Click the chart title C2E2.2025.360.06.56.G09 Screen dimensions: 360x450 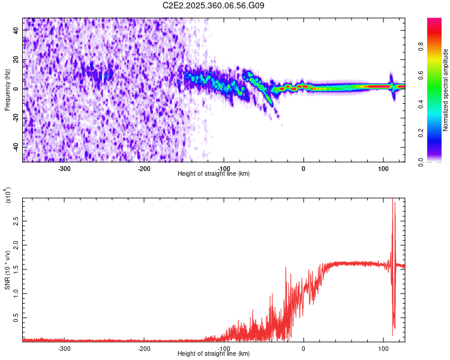[214, 5]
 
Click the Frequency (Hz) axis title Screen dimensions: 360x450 [7, 90]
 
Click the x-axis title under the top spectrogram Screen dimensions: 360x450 [214, 173]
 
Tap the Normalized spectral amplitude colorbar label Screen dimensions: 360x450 [445, 90]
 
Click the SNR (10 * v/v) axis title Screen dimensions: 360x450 [7, 269]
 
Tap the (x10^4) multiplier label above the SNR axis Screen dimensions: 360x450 [8, 196]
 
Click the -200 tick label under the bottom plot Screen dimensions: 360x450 [144, 348]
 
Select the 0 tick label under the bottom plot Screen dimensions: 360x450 [303, 348]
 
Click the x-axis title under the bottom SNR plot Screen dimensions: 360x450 [214, 353]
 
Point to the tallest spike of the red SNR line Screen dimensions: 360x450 [393, 200]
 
